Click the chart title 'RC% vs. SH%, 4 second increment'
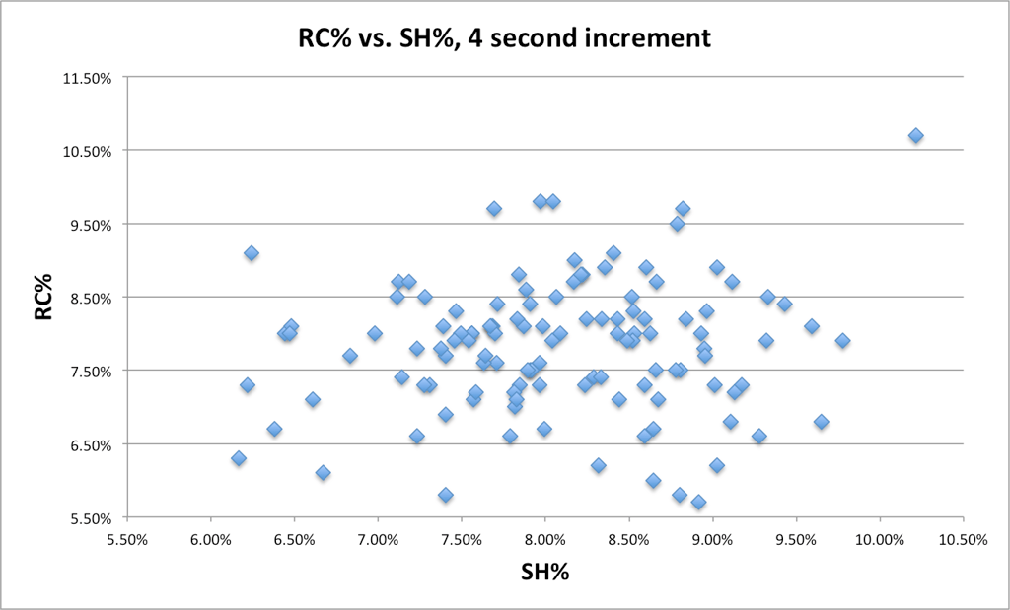(x=505, y=38)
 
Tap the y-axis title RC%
(x=42, y=299)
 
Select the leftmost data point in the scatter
(x=239, y=458)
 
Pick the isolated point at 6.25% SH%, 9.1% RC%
(x=252, y=253)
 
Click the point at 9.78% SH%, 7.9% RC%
(x=842, y=341)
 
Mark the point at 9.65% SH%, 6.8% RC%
(x=821, y=422)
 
